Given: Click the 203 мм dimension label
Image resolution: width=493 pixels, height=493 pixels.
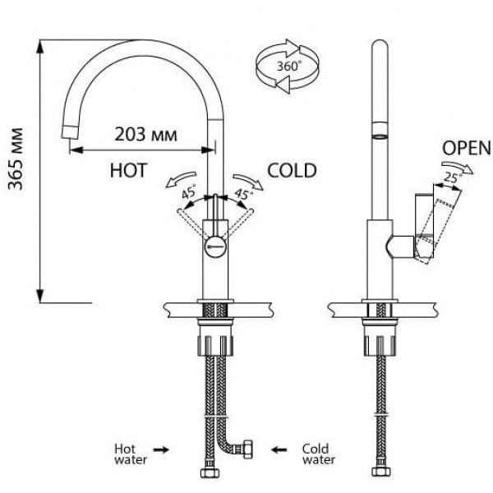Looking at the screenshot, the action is click(x=145, y=135).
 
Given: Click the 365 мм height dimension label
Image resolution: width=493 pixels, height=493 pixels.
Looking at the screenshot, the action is click(x=16, y=159).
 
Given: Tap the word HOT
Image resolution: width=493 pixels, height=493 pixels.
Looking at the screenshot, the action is click(x=129, y=170).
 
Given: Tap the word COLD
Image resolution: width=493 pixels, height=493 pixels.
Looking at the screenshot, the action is click(x=292, y=170).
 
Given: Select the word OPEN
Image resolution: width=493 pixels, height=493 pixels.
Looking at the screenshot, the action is click(x=466, y=148).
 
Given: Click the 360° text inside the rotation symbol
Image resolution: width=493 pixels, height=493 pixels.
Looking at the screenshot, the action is click(x=288, y=66).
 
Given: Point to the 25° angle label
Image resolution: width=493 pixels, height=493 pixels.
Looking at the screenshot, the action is click(x=453, y=177).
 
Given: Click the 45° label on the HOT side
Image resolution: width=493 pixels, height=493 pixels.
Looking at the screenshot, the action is click(x=189, y=191).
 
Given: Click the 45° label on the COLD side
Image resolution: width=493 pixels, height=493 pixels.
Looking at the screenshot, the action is click(x=244, y=193).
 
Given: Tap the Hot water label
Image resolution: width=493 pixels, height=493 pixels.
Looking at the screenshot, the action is click(x=131, y=454).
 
